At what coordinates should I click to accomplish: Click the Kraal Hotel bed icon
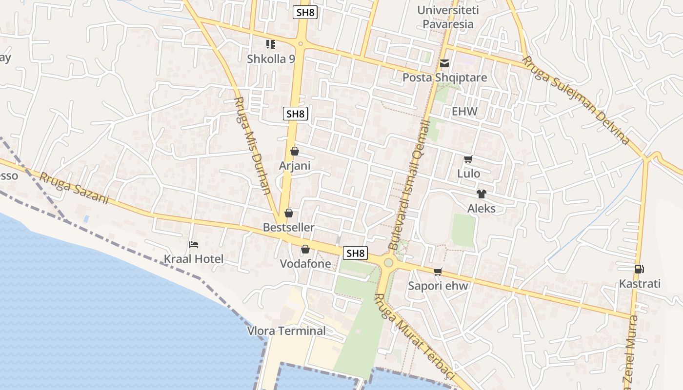coord(194,244)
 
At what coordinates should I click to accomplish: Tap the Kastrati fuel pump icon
coord(639,269)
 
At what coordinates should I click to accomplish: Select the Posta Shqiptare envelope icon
coord(444,63)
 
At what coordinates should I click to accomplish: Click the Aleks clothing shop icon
coord(482,194)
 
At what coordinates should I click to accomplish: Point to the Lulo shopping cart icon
coord(468,159)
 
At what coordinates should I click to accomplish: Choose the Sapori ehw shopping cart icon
coord(438,272)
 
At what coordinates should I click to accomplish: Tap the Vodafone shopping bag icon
coord(305,250)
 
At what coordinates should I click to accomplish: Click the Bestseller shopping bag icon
coord(289,213)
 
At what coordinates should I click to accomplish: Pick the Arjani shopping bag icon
coord(295,151)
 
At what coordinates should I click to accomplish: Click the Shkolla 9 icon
coord(271,44)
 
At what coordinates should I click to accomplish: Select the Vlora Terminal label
coord(286,331)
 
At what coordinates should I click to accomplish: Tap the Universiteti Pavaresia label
coord(448,17)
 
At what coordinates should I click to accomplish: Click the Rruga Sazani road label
coord(74,189)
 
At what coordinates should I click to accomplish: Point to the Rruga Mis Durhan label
coord(253,145)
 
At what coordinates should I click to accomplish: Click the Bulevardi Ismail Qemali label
coord(409,185)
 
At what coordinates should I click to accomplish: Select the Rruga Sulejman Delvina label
coord(576,101)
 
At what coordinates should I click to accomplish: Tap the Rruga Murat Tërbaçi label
coord(414,336)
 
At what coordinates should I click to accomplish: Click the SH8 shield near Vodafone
coord(355,253)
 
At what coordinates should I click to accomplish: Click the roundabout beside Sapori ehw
coord(388,263)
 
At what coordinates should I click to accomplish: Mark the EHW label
coord(464,111)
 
